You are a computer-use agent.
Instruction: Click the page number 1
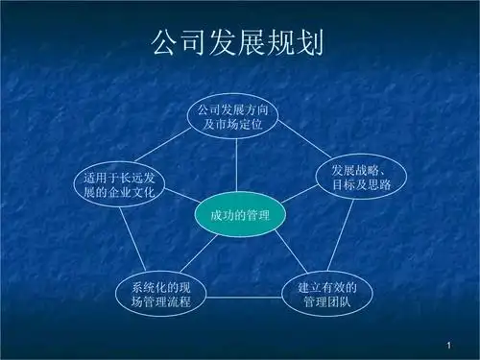coord(448,343)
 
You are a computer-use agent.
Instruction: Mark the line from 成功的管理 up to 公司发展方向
coord(239,165)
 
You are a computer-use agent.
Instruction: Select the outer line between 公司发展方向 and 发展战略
coord(305,142)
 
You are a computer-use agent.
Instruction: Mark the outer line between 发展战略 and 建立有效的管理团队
coord(344,237)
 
